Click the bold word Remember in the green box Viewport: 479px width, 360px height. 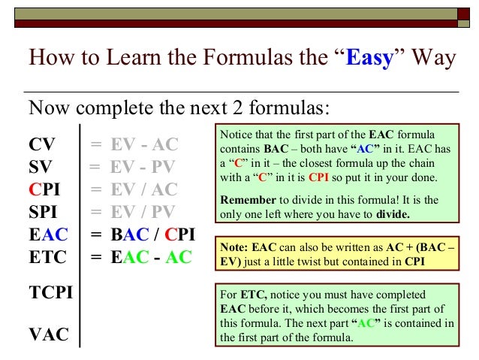tap(246, 201)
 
